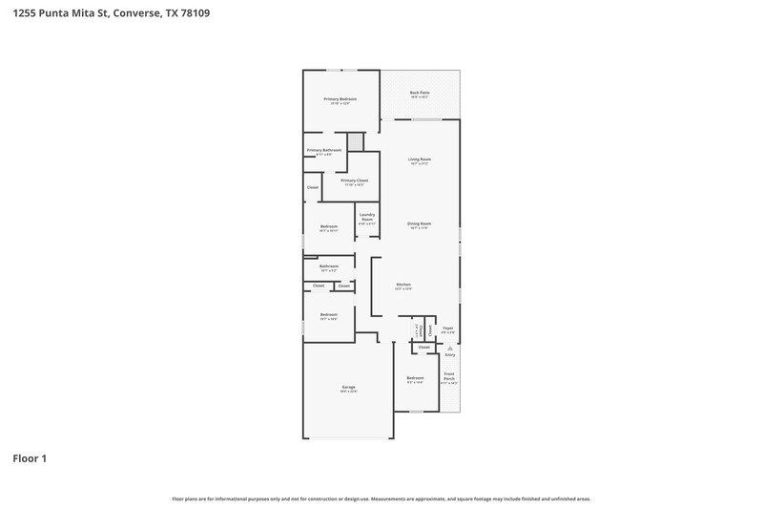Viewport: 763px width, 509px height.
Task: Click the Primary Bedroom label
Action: (340, 99)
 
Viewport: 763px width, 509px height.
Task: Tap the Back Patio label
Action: (420, 93)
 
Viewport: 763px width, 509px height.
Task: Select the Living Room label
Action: (420, 159)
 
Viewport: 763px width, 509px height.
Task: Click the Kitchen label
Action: (404, 285)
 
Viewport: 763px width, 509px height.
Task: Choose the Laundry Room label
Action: (367, 217)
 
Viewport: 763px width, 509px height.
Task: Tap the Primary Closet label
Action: (355, 180)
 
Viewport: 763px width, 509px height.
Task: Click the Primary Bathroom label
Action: (324, 150)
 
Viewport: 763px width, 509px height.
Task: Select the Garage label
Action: (348, 387)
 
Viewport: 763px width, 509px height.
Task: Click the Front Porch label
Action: (449, 376)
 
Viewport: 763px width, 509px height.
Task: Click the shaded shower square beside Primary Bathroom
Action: (356, 141)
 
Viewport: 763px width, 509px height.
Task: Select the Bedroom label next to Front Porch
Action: (415, 377)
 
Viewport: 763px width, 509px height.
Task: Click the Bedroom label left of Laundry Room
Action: (329, 226)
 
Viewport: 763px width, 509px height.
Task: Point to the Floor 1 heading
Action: (30, 458)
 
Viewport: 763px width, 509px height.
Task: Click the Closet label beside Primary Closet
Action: (312, 187)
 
